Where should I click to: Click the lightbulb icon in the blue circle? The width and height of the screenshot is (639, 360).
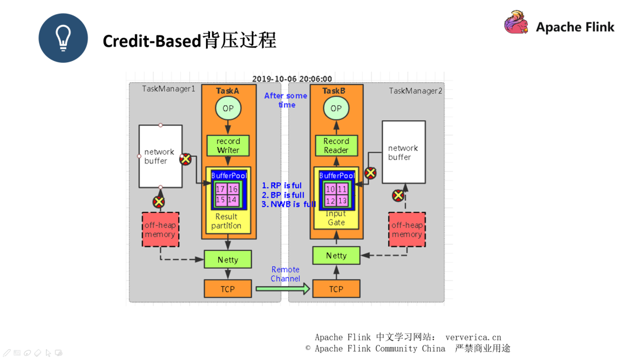tap(63, 38)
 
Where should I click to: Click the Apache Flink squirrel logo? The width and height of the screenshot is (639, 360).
tap(516, 23)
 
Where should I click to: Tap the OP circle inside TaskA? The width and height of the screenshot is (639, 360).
tap(228, 108)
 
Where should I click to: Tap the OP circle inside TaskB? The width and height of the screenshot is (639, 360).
tap(336, 108)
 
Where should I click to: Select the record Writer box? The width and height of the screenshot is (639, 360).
tap(228, 146)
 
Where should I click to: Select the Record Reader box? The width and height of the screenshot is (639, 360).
tap(336, 146)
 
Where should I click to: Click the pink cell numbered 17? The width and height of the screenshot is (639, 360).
tap(221, 189)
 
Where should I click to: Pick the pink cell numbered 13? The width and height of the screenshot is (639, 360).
tap(343, 200)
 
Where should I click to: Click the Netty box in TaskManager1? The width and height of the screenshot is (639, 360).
tap(228, 259)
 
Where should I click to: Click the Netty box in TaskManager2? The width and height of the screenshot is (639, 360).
tap(336, 256)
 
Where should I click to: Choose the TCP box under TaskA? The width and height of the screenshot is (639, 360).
tap(228, 289)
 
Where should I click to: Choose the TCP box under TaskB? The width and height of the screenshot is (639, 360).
tap(336, 289)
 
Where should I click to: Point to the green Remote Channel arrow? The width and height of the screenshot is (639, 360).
tap(283, 289)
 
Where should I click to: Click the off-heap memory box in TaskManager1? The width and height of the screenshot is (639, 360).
tap(160, 230)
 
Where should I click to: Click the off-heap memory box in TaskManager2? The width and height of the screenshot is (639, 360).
tap(407, 230)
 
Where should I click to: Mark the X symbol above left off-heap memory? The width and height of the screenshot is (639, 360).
tap(159, 202)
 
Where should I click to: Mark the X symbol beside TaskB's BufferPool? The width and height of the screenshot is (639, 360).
tap(370, 173)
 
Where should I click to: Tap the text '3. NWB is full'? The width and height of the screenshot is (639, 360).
tap(289, 204)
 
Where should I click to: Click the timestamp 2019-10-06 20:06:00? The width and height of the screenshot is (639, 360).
tap(292, 79)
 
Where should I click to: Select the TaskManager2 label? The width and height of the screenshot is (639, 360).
tap(415, 91)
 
